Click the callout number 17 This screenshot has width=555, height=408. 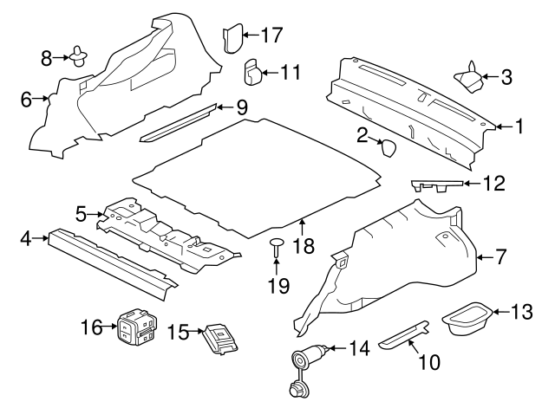point(271,35)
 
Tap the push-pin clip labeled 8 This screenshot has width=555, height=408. point(79,56)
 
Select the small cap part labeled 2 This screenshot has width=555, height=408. point(388,148)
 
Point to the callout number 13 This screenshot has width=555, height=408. point(521,312)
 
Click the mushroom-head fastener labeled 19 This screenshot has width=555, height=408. point(277,246)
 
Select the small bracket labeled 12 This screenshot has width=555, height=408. point(437,185)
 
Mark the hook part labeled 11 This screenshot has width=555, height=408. point(252,73)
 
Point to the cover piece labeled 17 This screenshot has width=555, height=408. point(232,38)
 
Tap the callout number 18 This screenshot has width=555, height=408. point(304,245)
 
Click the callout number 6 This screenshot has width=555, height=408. point(26,100)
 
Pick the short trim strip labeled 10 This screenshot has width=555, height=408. point(403,334)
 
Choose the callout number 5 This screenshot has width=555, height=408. point(81,214)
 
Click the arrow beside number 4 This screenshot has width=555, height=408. point(40,238)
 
